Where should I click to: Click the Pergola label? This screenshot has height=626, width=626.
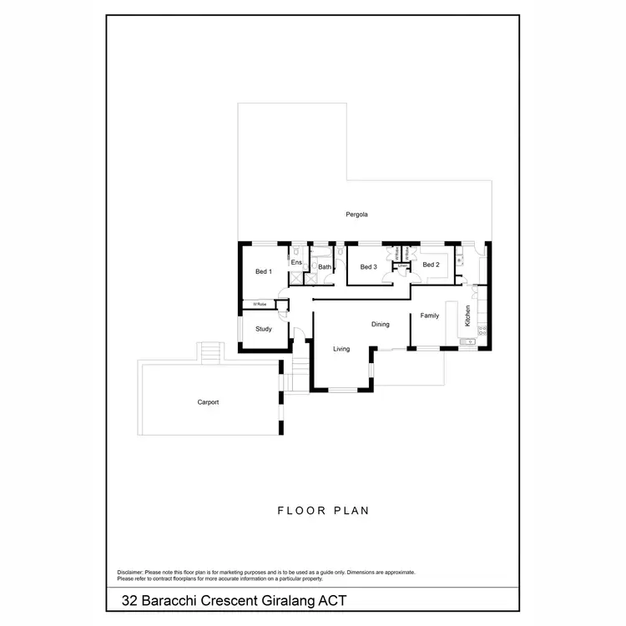pos(357,215)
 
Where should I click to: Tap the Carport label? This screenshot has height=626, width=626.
pos(208,402)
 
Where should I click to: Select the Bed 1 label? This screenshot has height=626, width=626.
pos(264,272)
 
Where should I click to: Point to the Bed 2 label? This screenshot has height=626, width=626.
pos(431,265)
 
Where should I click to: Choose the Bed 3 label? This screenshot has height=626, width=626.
pos(369,267)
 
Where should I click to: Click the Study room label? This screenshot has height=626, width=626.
pos(264,329)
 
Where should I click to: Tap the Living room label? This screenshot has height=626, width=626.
pos(341,349)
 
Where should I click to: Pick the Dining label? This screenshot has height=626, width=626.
pos(381,324)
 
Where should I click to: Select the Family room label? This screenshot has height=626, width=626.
pos(430,316)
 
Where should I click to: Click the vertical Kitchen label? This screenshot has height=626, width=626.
pos(468,316)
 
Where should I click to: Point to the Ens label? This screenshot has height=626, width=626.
pos(295,263)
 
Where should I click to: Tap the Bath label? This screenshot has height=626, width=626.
pos(325,267)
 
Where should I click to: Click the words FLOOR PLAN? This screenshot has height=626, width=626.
pos(323,510)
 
